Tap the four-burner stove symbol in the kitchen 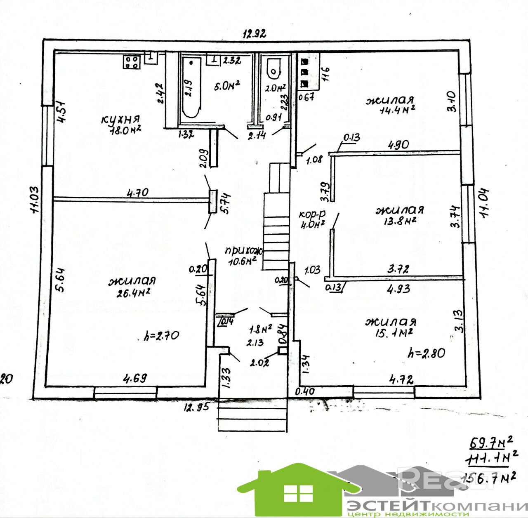click(132, 62)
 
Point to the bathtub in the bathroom click(191, 88)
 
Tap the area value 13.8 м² click(398, 221)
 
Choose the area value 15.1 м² click(390, 332)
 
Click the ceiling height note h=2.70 click(162, 336)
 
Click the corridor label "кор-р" click(312, 214)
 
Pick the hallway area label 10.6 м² click(241, 259)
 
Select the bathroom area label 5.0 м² click(227, 86)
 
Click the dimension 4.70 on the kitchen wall click(138, 192)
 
